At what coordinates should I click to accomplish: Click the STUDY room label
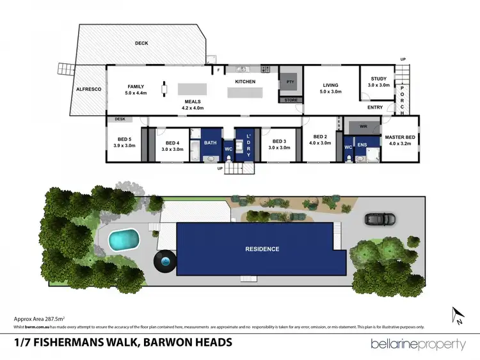coord(378,79)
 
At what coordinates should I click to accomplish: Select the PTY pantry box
coord(289,82)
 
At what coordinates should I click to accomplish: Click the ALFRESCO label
coord(89,89)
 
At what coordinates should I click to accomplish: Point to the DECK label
coord(141,43)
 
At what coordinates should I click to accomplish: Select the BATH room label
coord(211,143)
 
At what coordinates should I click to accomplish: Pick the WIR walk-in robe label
coord(364,127)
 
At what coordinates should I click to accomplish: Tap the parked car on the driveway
coord(378,219)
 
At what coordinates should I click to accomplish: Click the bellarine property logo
coord(418,344)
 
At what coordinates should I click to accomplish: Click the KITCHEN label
coord(245,82)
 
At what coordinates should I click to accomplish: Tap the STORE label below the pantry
coord(291,100)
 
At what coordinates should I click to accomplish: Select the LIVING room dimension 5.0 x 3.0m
coord(330,92)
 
